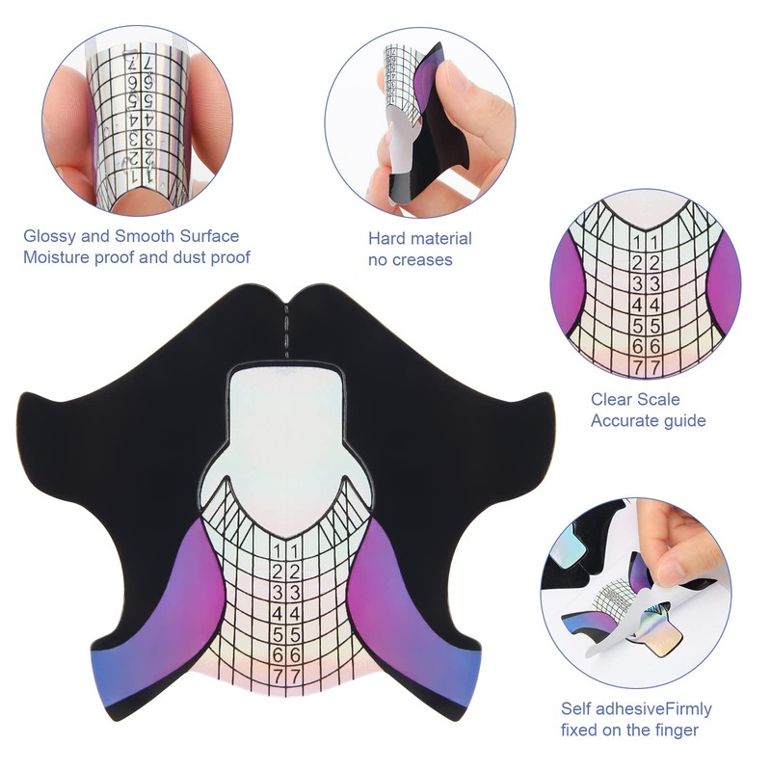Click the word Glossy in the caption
49,236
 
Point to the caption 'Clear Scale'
635,400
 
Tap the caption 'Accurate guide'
649,421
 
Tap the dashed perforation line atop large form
286,328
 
